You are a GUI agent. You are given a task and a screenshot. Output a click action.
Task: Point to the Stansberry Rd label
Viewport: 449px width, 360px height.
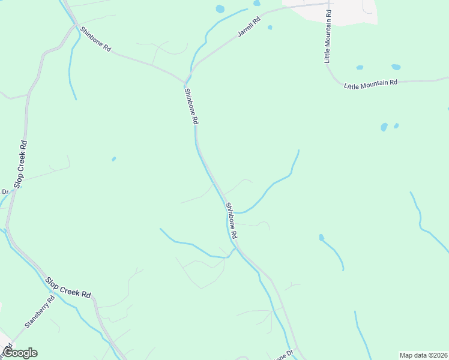coord(40,311)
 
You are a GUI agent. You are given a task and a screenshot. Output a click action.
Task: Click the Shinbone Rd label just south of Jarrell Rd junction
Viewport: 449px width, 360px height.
coord(191,106)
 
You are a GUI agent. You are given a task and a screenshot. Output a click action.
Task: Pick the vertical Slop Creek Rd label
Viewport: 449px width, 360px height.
coord(20,164)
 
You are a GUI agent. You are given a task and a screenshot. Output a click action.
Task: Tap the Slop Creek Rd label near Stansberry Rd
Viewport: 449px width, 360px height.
coord(68,287)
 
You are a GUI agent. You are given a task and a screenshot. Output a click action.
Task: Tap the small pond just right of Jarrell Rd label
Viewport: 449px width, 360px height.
coord(270,27)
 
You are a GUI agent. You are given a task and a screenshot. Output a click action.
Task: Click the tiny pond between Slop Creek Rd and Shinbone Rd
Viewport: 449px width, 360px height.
coord(113,159)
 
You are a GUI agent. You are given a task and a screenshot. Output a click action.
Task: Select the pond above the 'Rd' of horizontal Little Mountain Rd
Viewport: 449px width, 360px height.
coord(396,67)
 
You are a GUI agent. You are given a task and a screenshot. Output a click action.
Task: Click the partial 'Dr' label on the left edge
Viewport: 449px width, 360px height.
coord(4,192)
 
